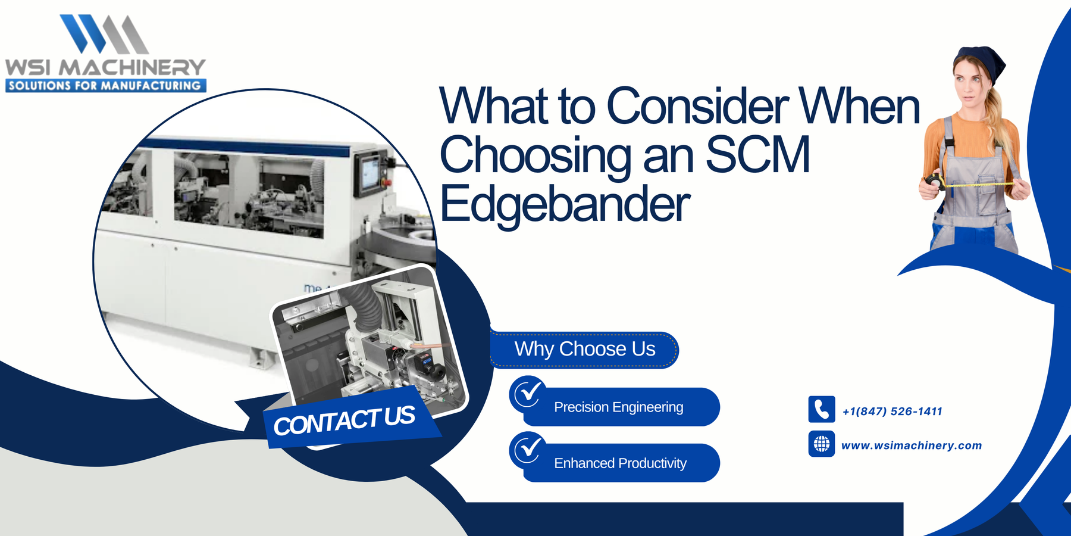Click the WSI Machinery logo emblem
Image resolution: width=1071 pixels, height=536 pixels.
pyautogui.click(x=105, y=34)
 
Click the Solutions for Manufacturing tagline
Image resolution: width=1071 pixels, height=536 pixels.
pyautogui.click(x=105, y=86)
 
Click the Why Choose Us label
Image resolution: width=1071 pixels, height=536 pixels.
pyautogui.click(x=584, y=349)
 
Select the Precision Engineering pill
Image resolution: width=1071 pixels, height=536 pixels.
pyautogui.click(x=619, y=407)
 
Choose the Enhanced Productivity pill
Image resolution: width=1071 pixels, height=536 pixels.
pyautogui.click(x=620, y=463)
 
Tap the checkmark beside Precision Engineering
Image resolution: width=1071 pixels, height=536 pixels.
pyautogui.click(x=528, y=393)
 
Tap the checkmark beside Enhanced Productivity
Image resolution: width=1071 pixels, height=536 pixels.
pyautogui.click(x=528, y=449)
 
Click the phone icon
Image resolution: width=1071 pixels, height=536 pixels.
pyautogui.click(x=821, y=410)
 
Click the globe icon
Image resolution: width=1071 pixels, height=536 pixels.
pyautogui.click(x=821, y=444)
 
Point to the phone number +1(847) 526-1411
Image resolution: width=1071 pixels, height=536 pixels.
pyautogui.click(x=892, y=412)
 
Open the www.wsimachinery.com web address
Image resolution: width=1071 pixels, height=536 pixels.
pyautogui.click(x=911, y=445)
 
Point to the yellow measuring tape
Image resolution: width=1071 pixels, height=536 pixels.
pyautogui.click(x=976, y=185)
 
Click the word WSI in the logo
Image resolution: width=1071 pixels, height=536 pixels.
pyautogui.click(x=28, y=67)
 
